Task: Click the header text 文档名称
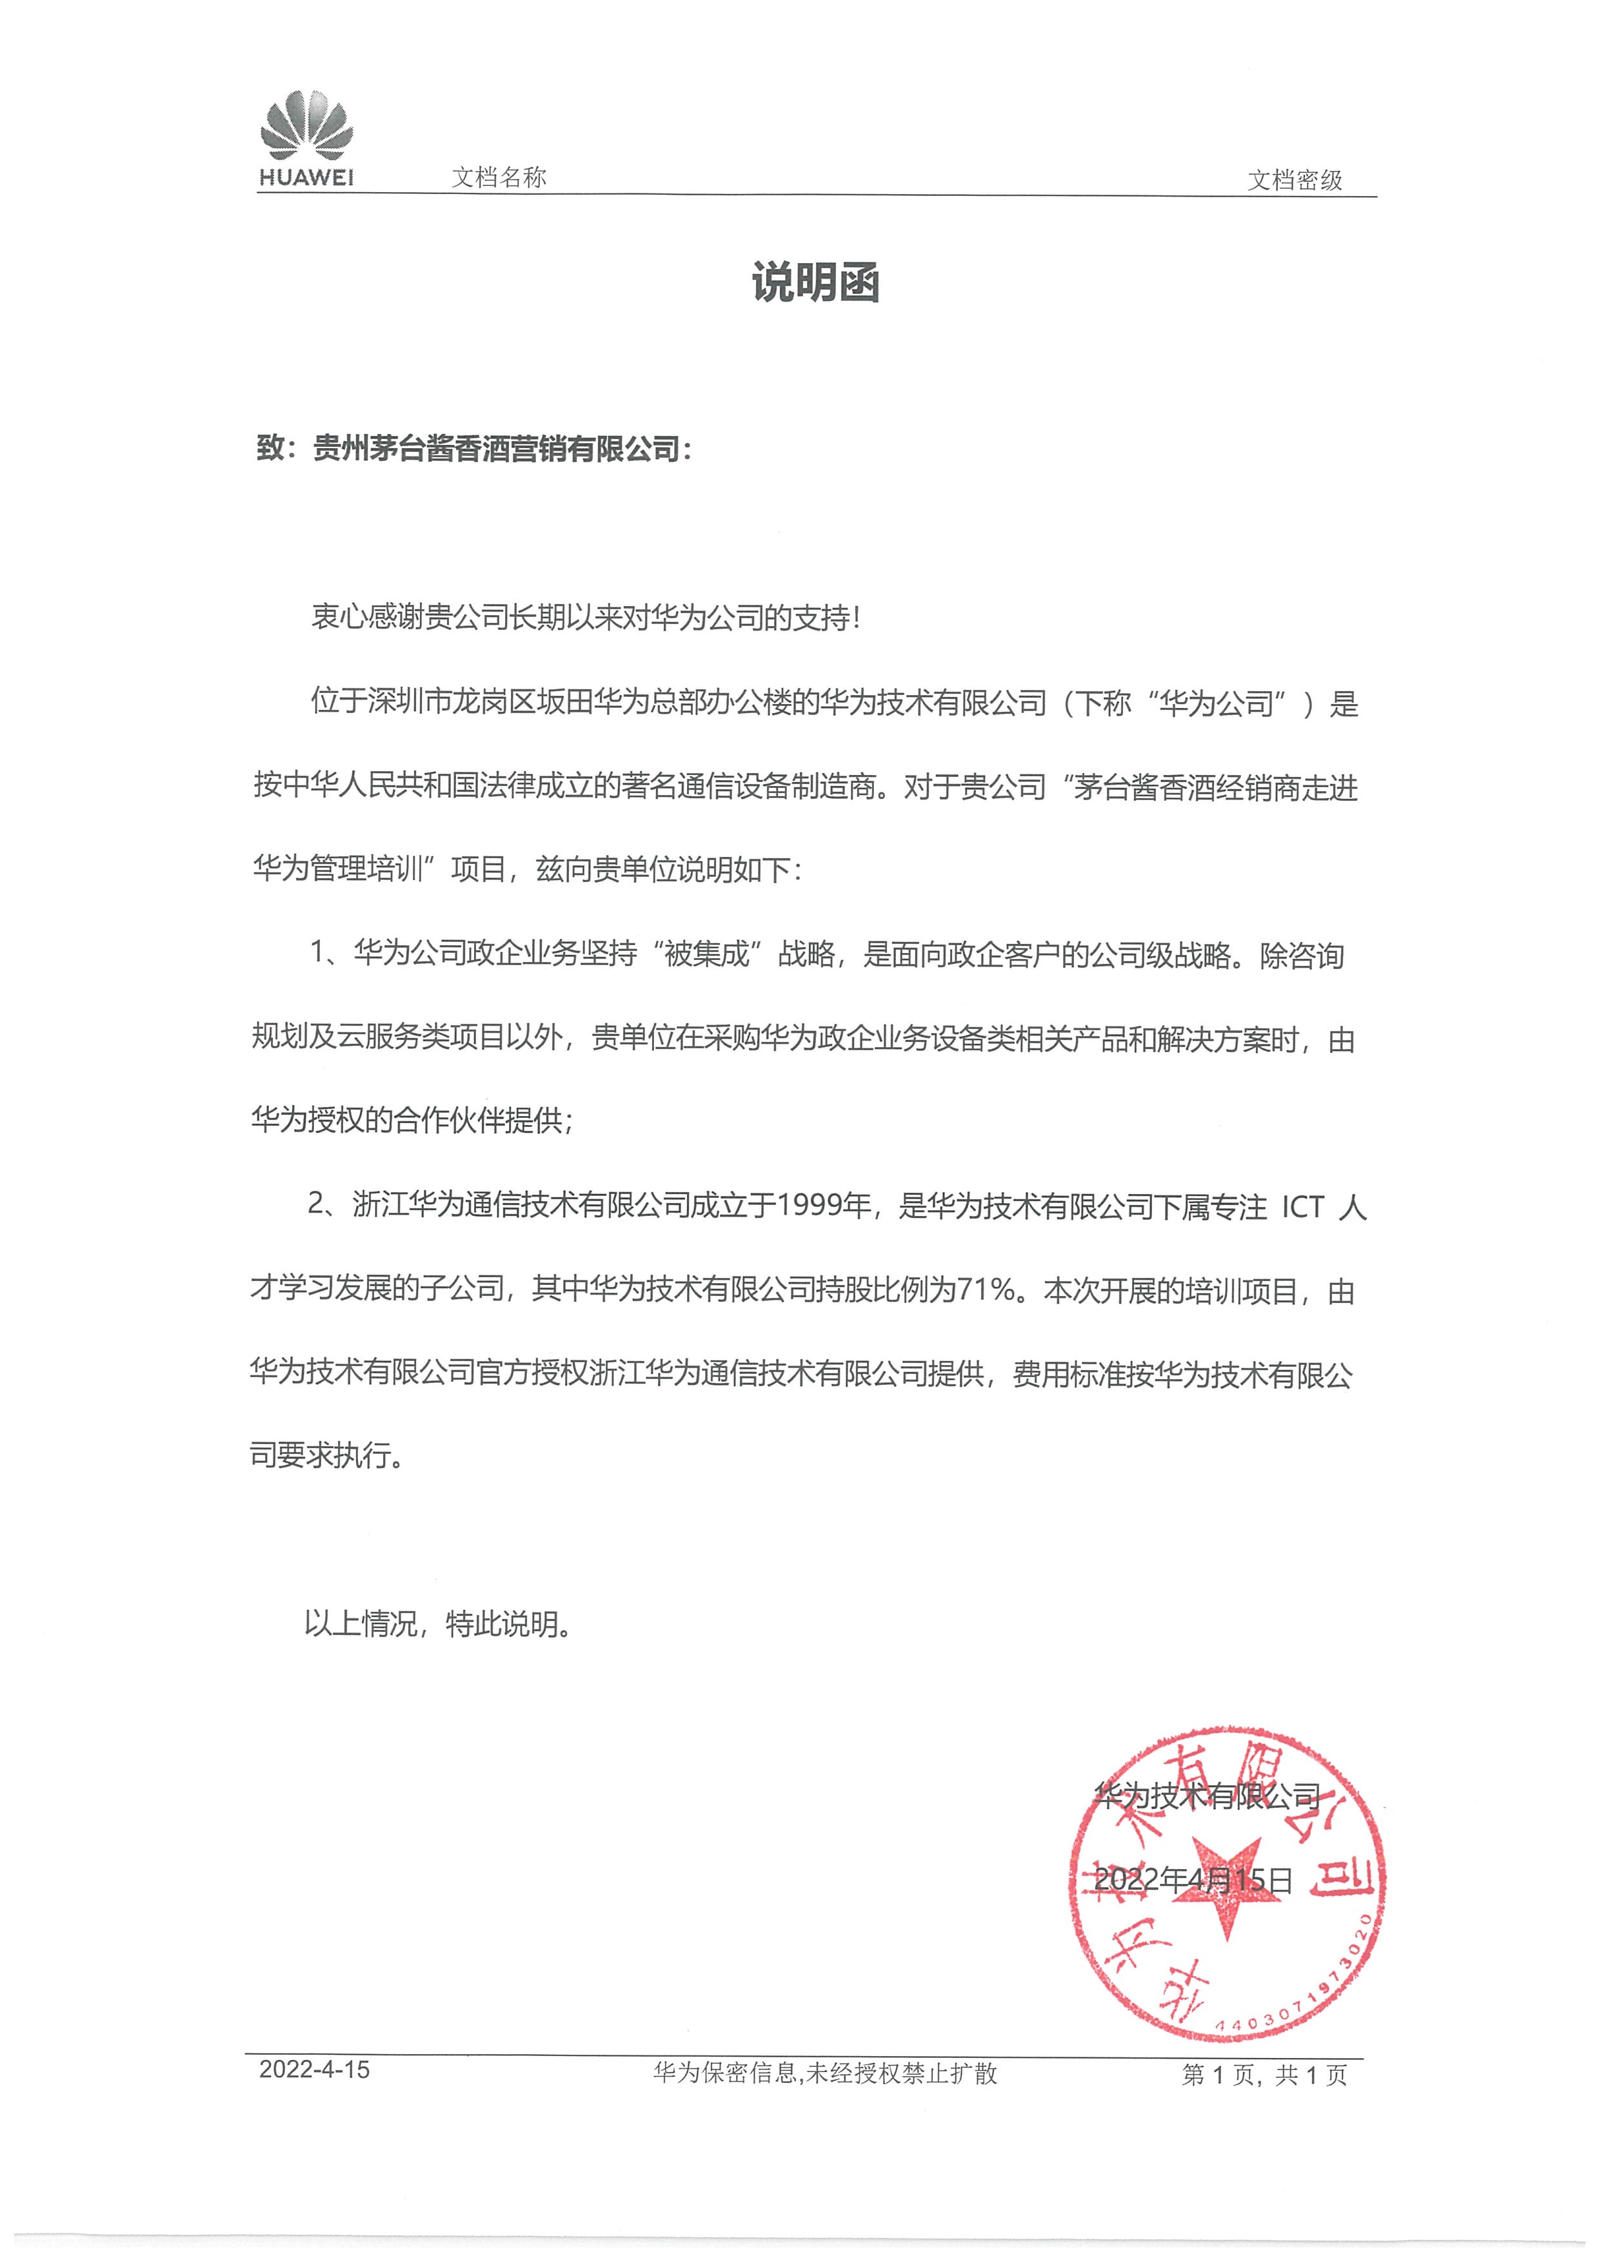[x=498, y=177]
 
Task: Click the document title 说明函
[x=815, y=283]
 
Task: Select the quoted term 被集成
[x=707, y=954]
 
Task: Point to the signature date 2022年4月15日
[x=1193, y=1879]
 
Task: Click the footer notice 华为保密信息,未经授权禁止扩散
[x=824, y=2073]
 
